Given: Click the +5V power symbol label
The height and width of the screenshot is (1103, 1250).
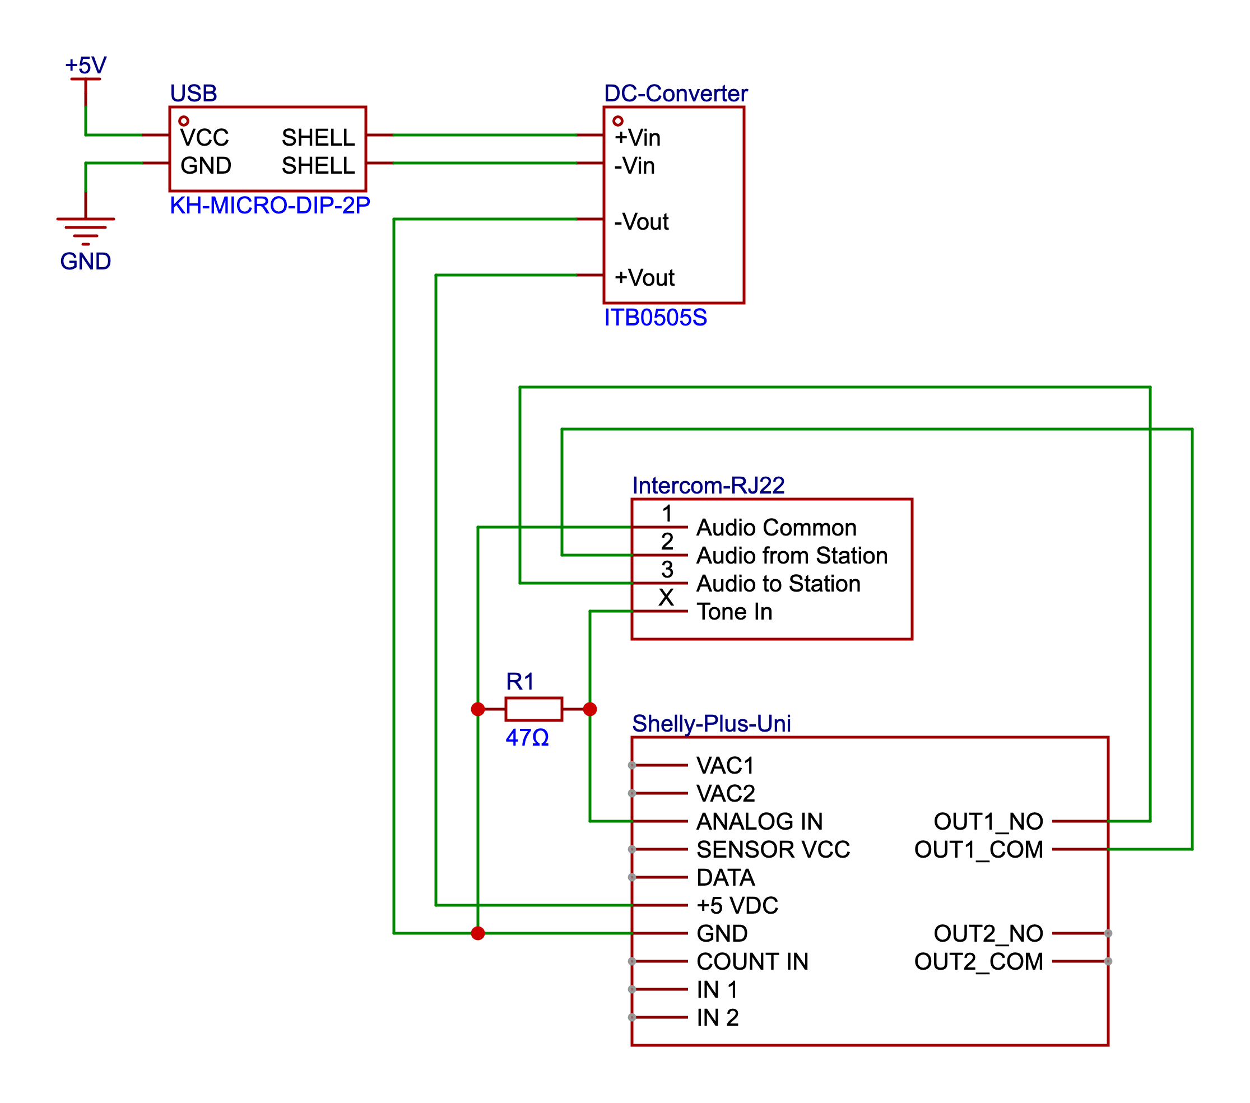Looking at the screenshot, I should [x=86, y=66].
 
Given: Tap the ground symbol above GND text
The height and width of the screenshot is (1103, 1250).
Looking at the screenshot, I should [x=86, y=230].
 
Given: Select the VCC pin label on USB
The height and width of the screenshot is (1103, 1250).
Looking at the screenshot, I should [x=205, y=138].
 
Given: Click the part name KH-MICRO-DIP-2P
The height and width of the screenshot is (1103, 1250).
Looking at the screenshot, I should [x=269, y=206].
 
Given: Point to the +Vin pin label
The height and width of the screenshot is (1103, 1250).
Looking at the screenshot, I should [x=637, y=138].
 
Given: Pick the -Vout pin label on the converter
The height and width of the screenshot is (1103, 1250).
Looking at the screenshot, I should [x=641, y=221].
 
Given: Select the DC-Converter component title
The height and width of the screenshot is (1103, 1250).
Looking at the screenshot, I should [x=675, y=94].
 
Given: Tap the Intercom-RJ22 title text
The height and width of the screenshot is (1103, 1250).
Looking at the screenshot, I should [x=708, y=486].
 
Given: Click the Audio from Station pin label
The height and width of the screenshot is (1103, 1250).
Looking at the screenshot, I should [x=791, y=555].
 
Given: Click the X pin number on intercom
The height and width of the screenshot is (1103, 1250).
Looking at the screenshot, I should [x=666, y=597].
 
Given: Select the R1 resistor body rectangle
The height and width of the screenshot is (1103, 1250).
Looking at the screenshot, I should [x=533, y=709].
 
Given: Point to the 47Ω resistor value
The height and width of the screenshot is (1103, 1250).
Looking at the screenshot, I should [x=527, y=737].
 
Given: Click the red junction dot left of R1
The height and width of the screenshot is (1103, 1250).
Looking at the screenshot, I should [x=477, y=709].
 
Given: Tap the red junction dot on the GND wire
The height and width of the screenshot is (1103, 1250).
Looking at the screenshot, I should [x=477, y=933].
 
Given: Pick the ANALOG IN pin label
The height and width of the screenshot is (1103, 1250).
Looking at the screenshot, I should [x=759, y=821].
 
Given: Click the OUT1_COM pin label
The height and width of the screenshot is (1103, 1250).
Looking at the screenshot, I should [x=978, y=849].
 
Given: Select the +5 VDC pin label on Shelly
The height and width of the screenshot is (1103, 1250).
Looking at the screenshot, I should [x=737, y=905].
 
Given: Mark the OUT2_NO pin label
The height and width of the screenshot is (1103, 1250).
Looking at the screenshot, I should [x=988, y=934].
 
